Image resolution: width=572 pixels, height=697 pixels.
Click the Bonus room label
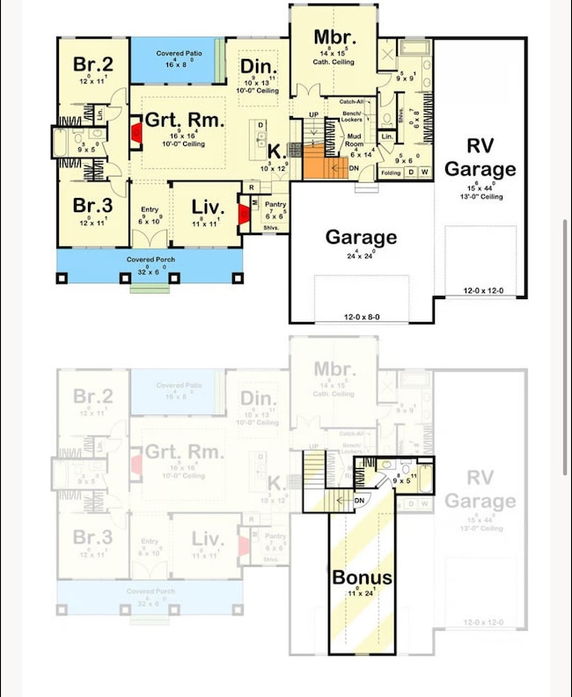362,578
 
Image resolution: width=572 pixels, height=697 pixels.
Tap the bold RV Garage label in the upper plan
480,158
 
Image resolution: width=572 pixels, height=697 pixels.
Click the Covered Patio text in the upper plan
179,55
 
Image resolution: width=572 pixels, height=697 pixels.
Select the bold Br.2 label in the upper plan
92,63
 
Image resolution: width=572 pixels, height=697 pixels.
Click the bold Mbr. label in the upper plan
334,38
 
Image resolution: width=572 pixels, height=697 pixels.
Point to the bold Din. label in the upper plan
258,68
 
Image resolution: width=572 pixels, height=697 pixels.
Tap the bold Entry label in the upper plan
150,209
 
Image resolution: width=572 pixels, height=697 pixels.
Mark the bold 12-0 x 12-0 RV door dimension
485,290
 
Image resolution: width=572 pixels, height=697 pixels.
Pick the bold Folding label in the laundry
390,172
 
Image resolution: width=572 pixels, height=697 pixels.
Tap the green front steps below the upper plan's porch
150,287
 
